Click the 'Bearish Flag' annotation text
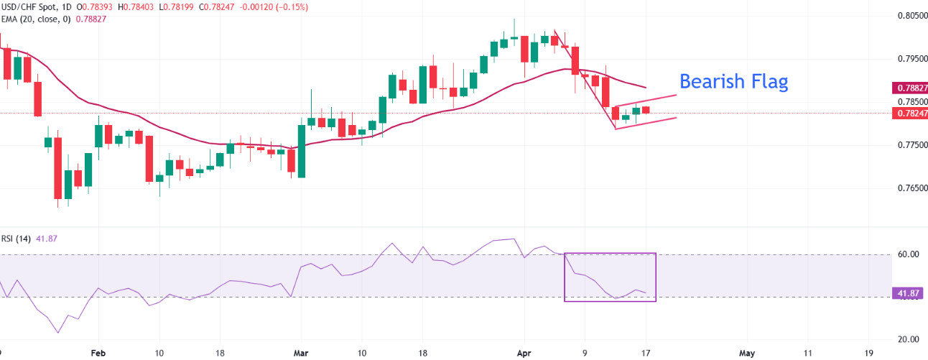click(733, 82)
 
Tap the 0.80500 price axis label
click(909, 15)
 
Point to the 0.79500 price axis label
click(909, 58)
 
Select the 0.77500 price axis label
click(909, 145)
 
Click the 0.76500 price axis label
click(909, 188)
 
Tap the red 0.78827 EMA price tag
click(909, 88)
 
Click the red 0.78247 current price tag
click(909, 113)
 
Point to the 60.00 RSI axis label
click(909, 254)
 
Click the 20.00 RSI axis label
click(909, 339)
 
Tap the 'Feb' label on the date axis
click(98, 354)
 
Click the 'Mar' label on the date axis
click(302, 354)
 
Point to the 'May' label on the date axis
click(747, 354)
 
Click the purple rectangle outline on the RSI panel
click(565, 277)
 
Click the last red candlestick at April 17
click(645, 109)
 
